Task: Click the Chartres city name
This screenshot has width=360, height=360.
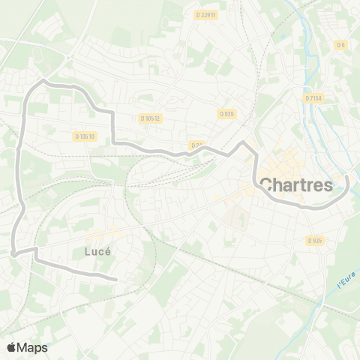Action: pyautogui.click(x=296, y=184)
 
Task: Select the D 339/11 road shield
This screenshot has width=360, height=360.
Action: pyautogui.click(x=205, y=14)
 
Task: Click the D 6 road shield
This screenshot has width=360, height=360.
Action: pyautogui.click(x=341, y=45)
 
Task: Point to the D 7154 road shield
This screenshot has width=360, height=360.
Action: pyautogui.click(x=313, y=97)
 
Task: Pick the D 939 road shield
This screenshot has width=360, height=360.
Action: pyautogui.click(x=226, y=114)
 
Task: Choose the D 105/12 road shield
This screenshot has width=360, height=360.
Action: pyautogui.click(x=151, y=118)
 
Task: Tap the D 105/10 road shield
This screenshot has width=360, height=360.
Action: pyautogui.click(x=85, y=136)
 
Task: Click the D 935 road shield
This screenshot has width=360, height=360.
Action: pyautogui.click(x=314, y=241)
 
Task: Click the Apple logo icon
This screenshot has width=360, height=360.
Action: pyautogui.click(x=11, y=347)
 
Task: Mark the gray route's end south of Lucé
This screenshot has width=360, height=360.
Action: pyautogui.click(x=117, y=280)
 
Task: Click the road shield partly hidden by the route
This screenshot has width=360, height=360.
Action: pyautogui.click(x=196, y=145)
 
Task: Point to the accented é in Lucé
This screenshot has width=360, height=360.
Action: pyautogui.click(x=107, y=252)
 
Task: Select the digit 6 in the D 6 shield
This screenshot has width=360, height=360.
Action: pyautogui.click(x=343, y=45)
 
